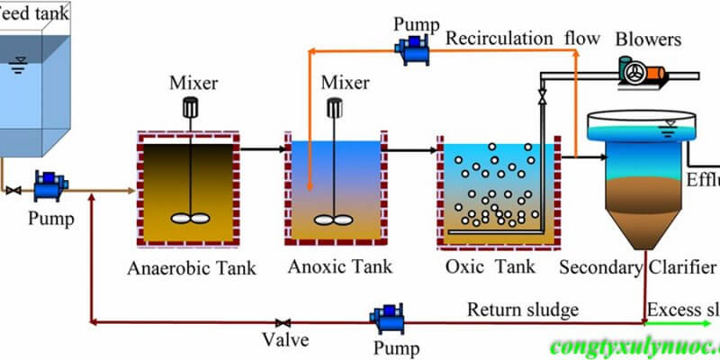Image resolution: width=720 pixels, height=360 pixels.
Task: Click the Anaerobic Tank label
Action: click(x=191, y=268)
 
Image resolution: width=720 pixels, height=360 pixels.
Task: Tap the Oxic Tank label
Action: click(x=490, y=267)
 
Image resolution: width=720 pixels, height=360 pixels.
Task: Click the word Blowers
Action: click(x=648, y=40)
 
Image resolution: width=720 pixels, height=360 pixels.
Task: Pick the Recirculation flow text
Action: click(x=523, y=39)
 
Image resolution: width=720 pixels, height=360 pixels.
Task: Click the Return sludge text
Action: click(x=522, y=310)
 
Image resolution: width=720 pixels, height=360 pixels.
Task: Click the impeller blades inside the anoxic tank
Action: click(x=334, y=218)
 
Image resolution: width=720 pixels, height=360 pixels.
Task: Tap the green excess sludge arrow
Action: click(x=684, y=321)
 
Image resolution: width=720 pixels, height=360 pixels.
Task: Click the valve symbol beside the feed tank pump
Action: click(x=12, y=191)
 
